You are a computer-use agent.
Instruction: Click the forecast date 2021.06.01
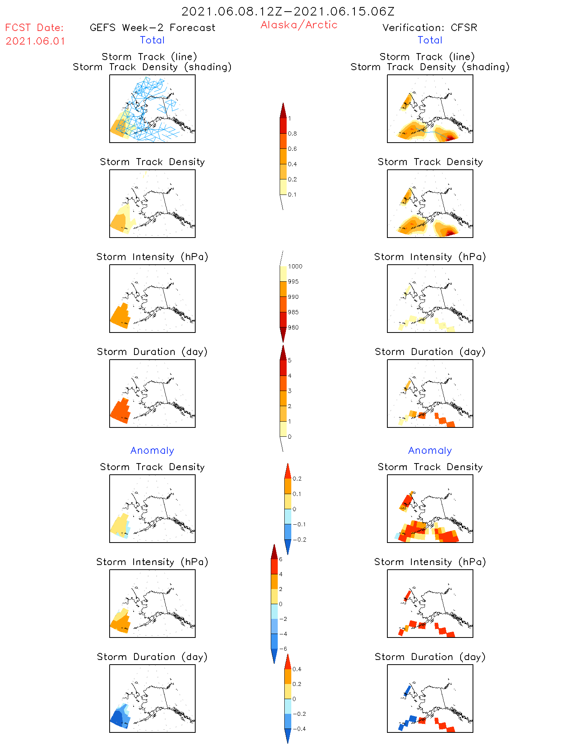click(35, 41)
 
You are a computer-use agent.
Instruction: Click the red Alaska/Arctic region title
click(299, 25)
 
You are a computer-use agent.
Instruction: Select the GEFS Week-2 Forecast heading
click(152, 28)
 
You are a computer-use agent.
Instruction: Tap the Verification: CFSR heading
click(430, 28)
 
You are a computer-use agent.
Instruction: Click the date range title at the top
click(288, 11)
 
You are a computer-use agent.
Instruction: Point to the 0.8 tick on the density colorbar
click(292, 134)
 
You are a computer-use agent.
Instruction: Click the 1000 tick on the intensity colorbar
click(295, 267)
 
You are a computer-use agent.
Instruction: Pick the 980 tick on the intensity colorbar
click(293, 327)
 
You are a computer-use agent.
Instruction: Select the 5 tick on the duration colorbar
click(290, 360)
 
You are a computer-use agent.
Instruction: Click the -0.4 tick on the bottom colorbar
click(299, 729)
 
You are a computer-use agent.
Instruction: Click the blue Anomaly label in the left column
click(152, 450)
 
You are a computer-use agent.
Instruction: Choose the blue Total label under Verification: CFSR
click(430, 40)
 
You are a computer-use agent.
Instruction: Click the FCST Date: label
click(34, 28)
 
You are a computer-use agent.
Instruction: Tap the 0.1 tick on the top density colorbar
click(292, 195)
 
